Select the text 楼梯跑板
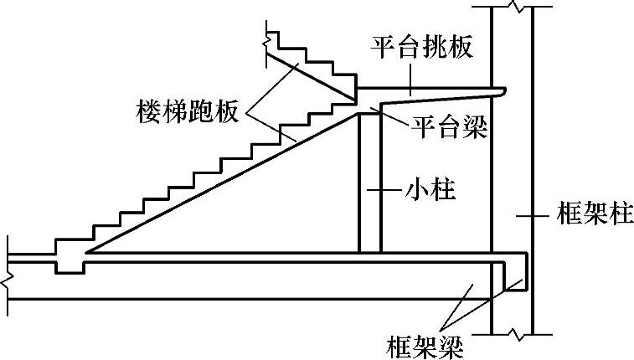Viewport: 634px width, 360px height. (186, 111)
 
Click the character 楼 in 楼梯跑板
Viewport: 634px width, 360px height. (147, 111)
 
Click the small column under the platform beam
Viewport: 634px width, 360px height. (369, 184)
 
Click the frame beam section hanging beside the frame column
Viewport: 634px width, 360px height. (513, 276)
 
